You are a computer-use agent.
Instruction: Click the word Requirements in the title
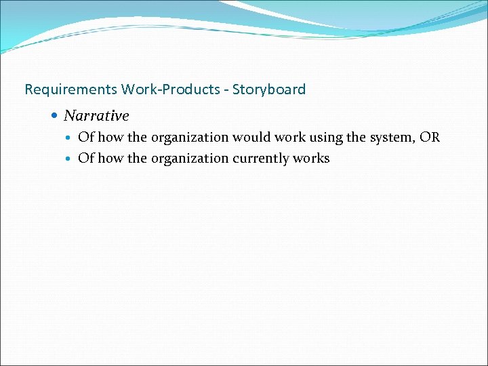[x=70, y=89]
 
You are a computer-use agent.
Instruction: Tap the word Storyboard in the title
[x=269, y=89]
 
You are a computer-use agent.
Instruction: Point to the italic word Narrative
[x=96, y=116]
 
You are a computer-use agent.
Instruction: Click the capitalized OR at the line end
[x=430, y=138]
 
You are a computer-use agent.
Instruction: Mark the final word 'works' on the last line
[x=312, y=159]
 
